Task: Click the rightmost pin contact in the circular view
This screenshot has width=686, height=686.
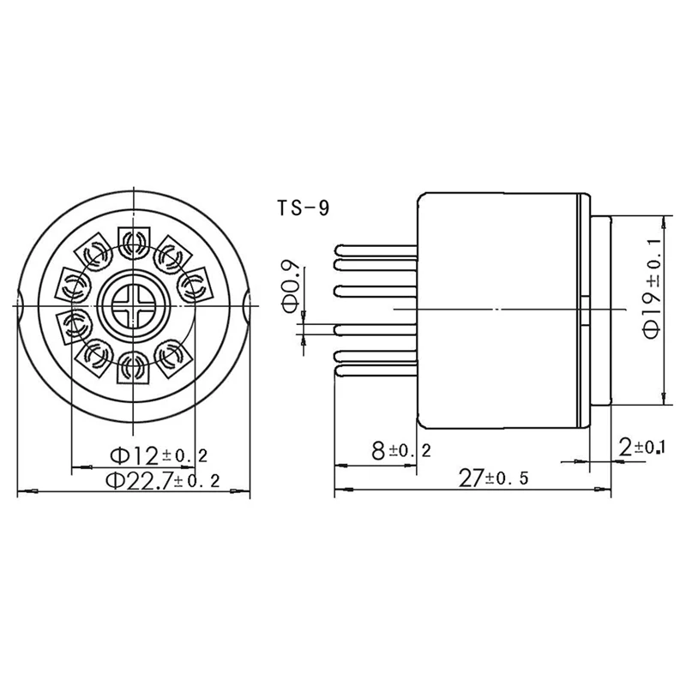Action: coord(193,284)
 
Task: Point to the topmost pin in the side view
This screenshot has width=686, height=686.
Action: coord(376,250)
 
